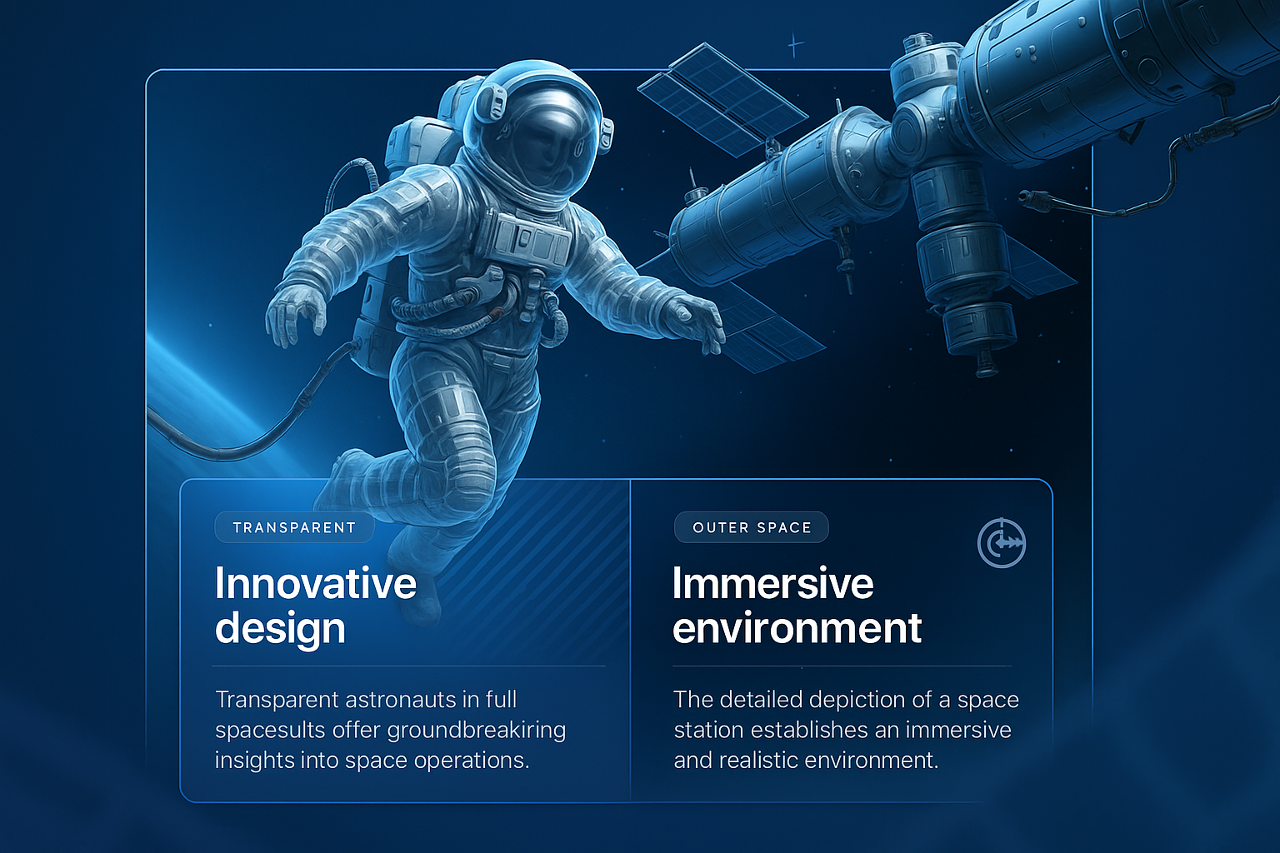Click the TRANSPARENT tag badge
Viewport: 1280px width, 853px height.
coord(294,527)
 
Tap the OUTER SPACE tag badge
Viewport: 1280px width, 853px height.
coord(752,527)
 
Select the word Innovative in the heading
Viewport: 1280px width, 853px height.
coord(316,583)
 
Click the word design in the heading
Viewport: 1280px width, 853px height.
coord(280,628)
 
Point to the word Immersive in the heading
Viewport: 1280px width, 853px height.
coord(772,583)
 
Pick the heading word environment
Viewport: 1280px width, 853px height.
coord(797,628)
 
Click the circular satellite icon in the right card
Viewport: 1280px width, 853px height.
coord(1002,543)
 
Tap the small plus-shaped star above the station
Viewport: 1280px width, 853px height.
coord(795,44)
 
